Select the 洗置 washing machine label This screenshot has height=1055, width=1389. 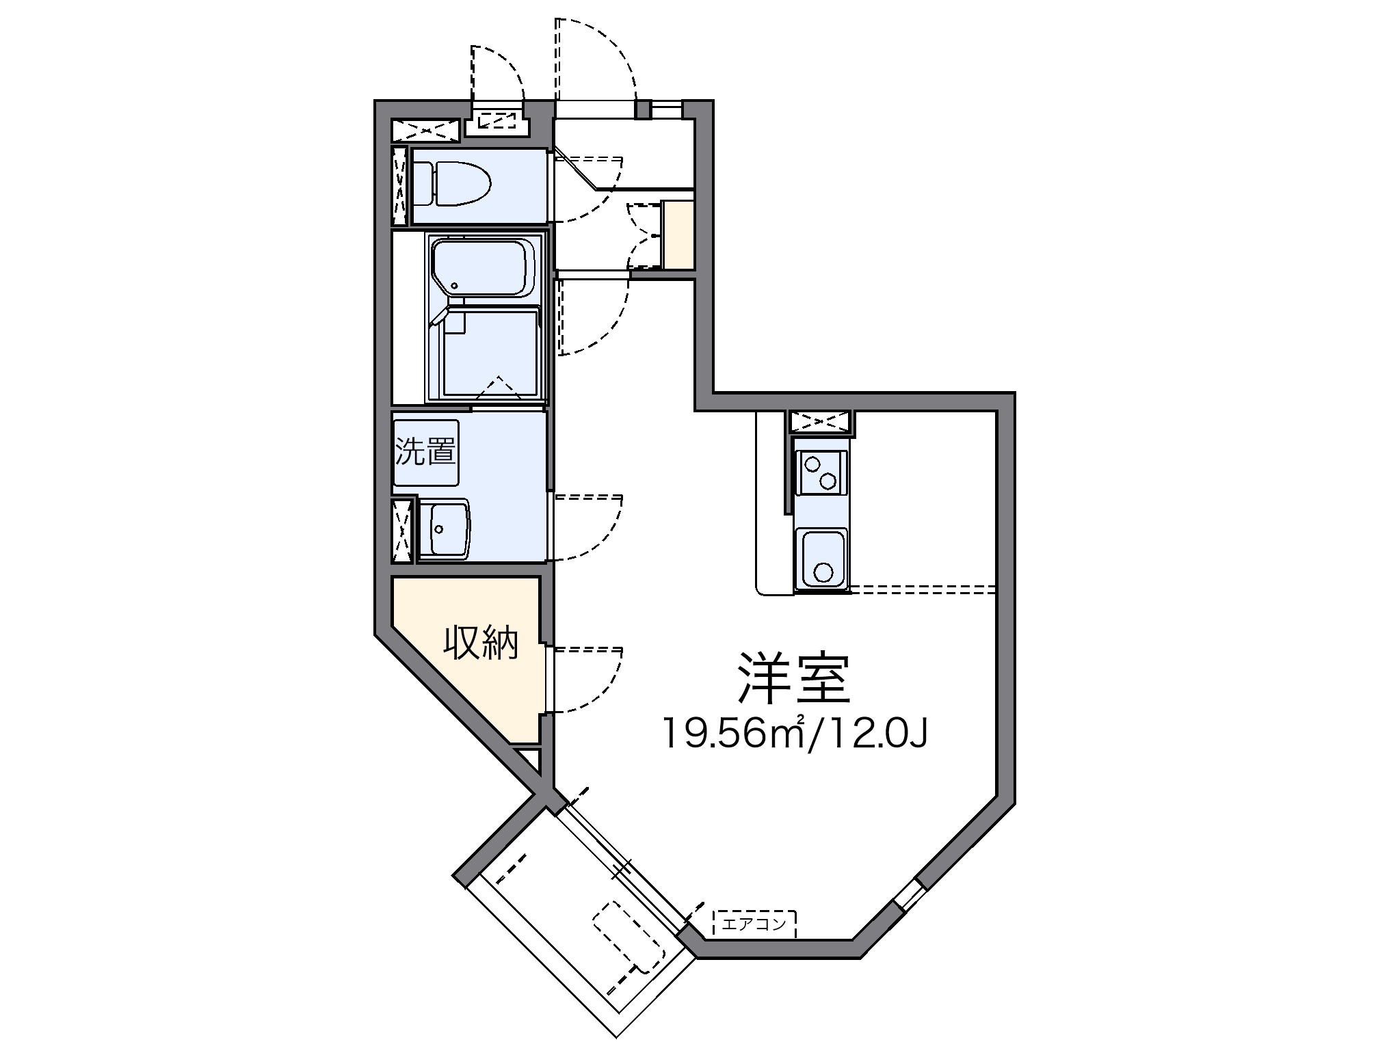coord(425,453)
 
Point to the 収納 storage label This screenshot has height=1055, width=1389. coord(481,643)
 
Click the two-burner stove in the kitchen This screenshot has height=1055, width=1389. coord(820,472)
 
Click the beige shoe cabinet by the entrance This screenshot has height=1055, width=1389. coord(678,235)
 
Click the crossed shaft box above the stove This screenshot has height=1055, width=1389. coord(820,422)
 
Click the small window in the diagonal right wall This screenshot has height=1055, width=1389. coord(908,895)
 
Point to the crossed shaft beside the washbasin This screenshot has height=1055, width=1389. coord(403,531)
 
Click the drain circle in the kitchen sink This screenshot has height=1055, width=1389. coord(823,572)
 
